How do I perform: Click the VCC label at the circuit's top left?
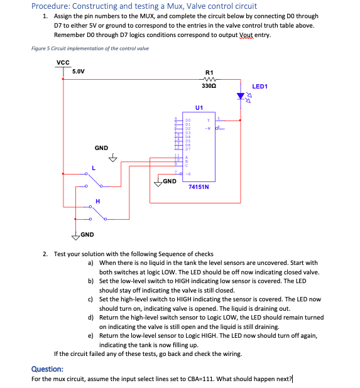63,62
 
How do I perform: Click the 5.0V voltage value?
79,72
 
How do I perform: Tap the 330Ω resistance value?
209,85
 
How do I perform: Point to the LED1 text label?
260,87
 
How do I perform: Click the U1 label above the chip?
199,107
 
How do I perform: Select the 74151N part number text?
199,186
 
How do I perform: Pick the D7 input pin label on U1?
187,149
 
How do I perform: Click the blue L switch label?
93,168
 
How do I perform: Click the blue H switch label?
97,201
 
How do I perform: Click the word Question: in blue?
47,370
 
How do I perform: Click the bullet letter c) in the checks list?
91,300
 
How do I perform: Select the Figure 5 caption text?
90,48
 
